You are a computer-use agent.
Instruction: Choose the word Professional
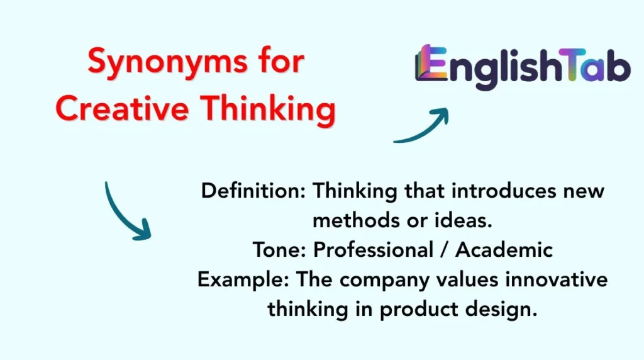click(x=374, y=250)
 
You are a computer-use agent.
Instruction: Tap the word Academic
click(x=504, y=250)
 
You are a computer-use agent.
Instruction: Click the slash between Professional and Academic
click(x=445, y=250)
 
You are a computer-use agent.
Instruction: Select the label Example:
click(x=240, y=279)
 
